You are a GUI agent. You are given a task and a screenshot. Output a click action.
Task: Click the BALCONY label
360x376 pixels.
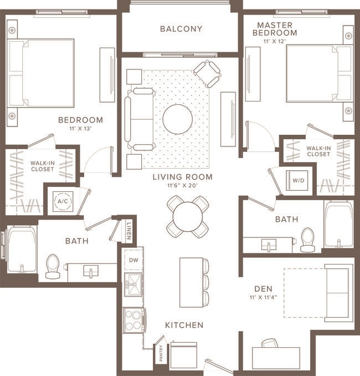181,29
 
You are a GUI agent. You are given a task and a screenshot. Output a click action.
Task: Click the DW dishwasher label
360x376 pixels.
133,260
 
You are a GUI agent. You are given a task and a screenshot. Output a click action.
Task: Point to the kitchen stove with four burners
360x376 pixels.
133,320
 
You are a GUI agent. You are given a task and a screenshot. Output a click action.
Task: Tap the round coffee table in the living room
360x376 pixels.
177,119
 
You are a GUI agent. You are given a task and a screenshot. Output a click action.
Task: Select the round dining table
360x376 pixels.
188,216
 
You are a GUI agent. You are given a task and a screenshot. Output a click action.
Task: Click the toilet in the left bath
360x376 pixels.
53,266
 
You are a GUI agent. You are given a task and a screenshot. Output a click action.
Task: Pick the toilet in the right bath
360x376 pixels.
307,240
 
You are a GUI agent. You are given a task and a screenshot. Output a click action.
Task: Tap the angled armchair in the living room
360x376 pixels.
207,73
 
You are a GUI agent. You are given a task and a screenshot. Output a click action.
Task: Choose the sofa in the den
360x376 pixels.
338,293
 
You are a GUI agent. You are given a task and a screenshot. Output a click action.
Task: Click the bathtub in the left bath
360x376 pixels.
21,251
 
